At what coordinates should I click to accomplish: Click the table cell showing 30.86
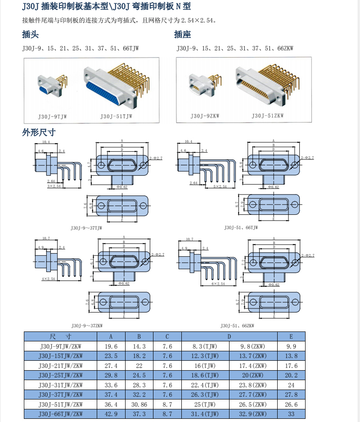pyautogui.click(x=139, y=404)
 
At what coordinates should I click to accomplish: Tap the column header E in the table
pyautogui.click(x=291, y=336)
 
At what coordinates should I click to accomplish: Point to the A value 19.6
pyautogui.click(x=111, y=346)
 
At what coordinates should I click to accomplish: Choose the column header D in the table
pyautogui.click(x=229, y=336)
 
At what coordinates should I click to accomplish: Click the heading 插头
pyautogui.click(x=31, y=35)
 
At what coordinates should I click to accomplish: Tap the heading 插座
pyautogui.click(x=183, y=35)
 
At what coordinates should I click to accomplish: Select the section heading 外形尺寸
pyautogui.click(x=39, y=132)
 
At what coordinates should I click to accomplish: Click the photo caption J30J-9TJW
pyautogui.click(x=52, y=116)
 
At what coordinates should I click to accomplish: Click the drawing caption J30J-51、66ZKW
pyautogui.click(x=237, y=325)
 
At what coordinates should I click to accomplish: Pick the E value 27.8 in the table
pyautogui.click(x=291, y=395)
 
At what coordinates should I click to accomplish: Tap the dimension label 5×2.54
pyautogui.click(x=219, y=186)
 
